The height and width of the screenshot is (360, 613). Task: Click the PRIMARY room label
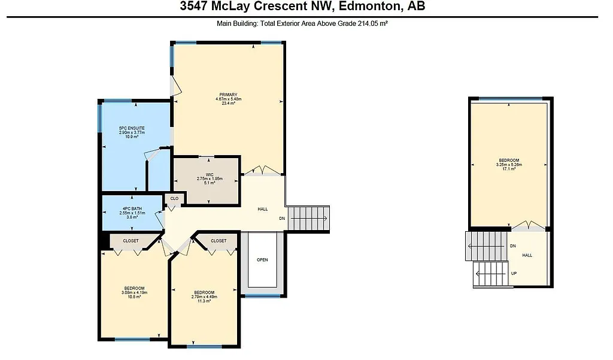228,95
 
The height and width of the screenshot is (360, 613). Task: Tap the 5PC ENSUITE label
131,128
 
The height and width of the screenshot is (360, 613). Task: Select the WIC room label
210,174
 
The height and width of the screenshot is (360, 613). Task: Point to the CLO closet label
174,198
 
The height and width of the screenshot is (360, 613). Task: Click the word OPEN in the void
262,259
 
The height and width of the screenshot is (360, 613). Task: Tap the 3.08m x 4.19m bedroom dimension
134,292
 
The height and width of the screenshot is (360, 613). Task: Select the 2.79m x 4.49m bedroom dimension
204,297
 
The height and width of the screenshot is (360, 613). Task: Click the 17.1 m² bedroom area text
509,168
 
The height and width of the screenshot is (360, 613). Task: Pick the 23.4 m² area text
228,103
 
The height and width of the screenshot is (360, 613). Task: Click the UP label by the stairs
514,273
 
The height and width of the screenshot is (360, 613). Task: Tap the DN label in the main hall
282,219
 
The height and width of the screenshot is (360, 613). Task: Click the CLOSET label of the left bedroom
131,241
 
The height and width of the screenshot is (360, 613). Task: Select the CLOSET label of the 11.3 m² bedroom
219,241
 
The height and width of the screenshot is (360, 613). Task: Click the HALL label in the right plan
527,255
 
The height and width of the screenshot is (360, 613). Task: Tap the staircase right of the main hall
309,219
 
